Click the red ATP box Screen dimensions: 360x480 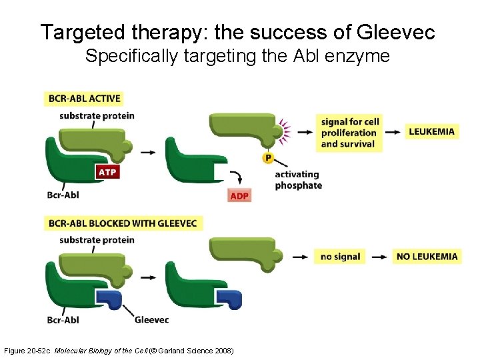[x=107, y=172]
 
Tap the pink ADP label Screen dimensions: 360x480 [x=239, y=195]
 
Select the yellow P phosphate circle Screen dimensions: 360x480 [x=268, y=157]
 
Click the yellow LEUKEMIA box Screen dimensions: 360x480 [x=431, y=131]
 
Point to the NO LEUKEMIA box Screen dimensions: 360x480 [x=427, y=256]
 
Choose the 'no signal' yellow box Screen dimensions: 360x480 [x=340, y=256]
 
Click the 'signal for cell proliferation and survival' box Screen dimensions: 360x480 [x=349, y=133]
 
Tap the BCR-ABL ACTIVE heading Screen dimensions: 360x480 [x=84, y=98]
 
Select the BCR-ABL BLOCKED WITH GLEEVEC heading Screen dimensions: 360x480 [x=123, y=223]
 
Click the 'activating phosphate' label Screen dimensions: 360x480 [x=297, y=180]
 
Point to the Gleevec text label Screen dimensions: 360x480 [x=151, y=319]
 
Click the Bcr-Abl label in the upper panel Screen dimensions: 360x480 [x=63, y=195]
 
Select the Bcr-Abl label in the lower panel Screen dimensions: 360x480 [x=63, y=319]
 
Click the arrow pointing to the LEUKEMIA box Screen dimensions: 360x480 [x=395, y=132]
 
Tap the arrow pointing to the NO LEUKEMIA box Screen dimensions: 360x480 [x=379, y=257]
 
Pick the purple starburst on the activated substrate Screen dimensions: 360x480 [x=286, y=132]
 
